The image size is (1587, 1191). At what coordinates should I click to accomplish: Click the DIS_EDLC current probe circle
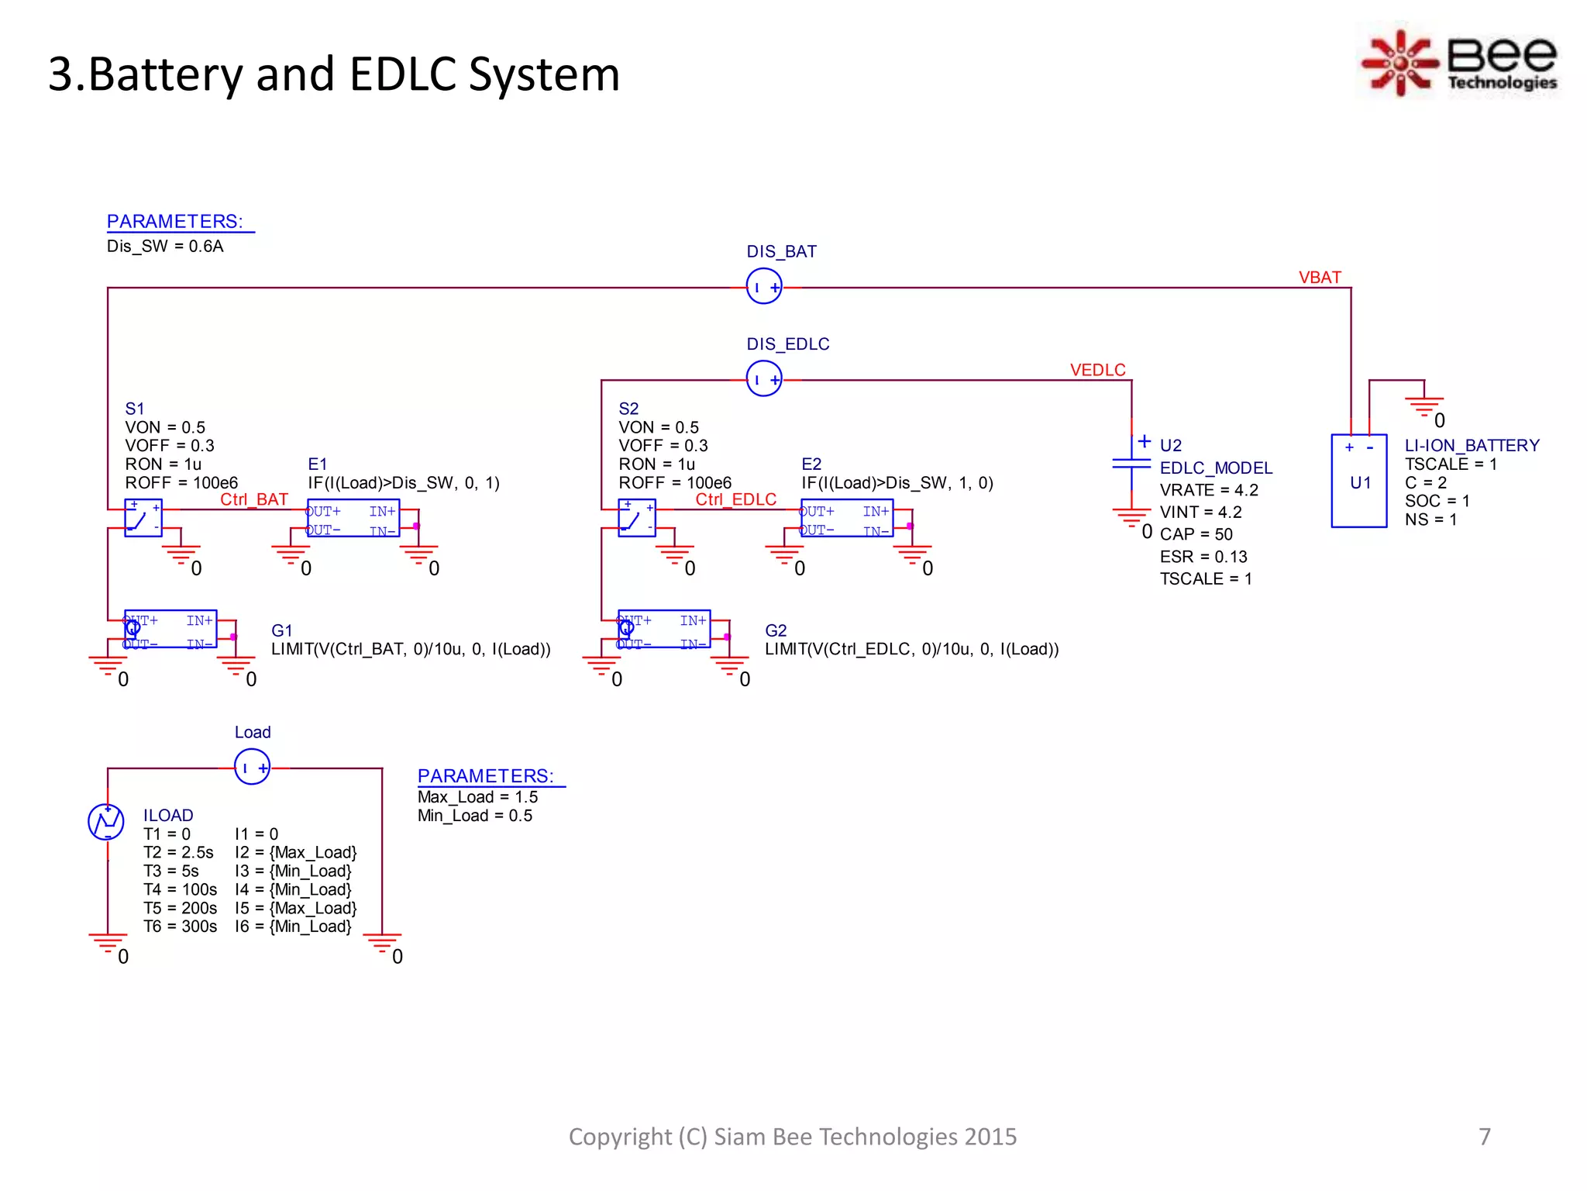763,378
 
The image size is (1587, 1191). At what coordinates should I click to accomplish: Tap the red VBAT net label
1319,278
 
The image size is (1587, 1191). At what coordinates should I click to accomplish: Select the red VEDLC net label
1097,370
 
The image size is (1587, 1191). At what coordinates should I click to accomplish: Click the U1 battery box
1358,482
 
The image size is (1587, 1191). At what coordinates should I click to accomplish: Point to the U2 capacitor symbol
1131,464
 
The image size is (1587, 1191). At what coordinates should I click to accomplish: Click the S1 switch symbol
143,518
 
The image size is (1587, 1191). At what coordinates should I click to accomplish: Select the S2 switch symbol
636,518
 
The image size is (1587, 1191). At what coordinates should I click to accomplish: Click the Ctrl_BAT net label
253,499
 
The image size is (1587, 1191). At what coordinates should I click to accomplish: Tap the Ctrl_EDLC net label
735,499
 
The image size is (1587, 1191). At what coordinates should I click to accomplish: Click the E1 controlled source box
353,519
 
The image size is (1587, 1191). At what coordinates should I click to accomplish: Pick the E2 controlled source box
846,519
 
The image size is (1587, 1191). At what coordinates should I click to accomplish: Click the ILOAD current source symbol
106,822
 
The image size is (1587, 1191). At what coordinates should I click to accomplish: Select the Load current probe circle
252,767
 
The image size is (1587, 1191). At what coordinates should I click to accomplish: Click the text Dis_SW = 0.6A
165,247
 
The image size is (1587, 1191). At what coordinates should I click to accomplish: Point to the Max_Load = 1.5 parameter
477,797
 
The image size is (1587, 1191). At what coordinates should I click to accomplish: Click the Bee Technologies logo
1459,62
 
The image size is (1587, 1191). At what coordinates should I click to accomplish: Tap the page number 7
1484,1136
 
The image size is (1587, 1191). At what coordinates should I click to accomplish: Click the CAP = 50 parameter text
1196,534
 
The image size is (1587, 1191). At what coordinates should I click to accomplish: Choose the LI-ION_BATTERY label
1472,445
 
